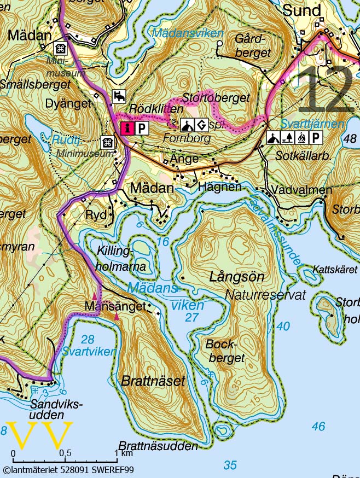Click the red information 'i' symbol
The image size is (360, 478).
pyautogui.click(x=127, y=128)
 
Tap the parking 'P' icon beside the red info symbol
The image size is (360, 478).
pyautogui.click(x=142, y=128)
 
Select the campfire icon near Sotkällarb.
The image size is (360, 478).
pyautogui.click(x=302, y=138)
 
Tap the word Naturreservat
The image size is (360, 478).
pyautogui.click(x=265, y=295)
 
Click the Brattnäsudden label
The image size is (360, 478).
pyautogui.click(x=158, y=446)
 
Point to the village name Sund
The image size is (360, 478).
pyautogui.click(x=301, y=10)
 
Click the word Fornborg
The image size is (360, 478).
pyautogui.click(x=187, y=138)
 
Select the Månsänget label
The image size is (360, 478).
pyautogui.click(x=116, y=306)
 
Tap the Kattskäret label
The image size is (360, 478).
pyautogui.click(x=332, y=270)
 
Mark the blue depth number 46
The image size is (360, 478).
pyautogui.click(x=318, y=427)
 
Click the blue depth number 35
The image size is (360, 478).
pyautogui.click(x=230, y=465)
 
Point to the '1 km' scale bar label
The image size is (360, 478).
pyautogui.click(x=124, y=453)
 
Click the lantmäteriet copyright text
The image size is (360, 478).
pyautogui.click(x=68, y=469)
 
